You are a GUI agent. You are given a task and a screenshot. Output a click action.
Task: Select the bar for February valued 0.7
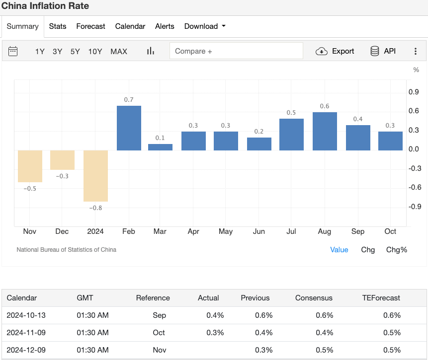pyautogui.click(x=129, y=128)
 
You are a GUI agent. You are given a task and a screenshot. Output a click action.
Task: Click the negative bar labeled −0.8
pyautogui.click(x=95, y=176)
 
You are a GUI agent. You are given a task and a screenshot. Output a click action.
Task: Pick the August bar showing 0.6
pyautogui.click(x=325, y=132)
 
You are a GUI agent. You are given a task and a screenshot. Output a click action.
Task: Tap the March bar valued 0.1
pyautogui.click(x=160, y=147)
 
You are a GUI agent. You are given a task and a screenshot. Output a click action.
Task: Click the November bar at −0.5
pyautogui.click(x=30, y=166)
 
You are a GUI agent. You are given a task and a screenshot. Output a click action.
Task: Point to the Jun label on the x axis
pyautogui.click(x=258, y=231)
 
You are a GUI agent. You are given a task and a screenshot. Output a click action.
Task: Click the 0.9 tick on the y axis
pyautogui.click(x=414, y=92)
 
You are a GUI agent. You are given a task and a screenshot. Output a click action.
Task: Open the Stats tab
pyautogui.click(x=58, y=26)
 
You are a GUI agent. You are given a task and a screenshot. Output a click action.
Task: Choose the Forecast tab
pyautogui.click(x=90, y=26)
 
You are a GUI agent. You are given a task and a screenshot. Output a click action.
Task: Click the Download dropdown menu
pyautogui.click(x=205, y=26)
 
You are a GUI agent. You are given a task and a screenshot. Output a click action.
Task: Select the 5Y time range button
pyautogui.click(x=75, y=51)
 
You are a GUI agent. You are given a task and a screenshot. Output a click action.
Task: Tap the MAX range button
pyautogui.click(x=119, y=51)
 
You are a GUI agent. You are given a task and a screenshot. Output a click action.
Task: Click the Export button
pyautogui.click(x=336, y=51)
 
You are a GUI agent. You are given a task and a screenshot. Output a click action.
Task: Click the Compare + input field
pyautogui.click(x=236, y=51)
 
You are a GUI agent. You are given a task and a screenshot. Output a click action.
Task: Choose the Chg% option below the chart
pyautogui.click(x=397, y=250)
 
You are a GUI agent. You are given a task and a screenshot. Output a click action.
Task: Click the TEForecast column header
pyautogui.click(x=381, y=298)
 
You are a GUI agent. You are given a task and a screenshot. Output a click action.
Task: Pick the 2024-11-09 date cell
pyautogui.click(x=26, y=333)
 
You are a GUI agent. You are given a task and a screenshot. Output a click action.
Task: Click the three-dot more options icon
pyautogui.click(x=416, y=51)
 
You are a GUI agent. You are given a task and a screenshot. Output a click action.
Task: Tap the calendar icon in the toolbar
pyautogui.click(x=13, y=51)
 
